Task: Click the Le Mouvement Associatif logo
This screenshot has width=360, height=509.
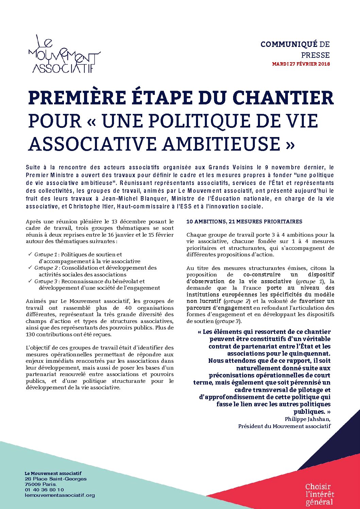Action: tap(64, 54)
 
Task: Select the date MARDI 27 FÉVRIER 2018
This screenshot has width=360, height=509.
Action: tap(301, 64)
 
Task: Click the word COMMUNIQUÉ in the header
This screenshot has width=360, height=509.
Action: tap(289, 44)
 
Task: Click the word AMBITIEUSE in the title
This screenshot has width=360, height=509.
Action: tap(219, 143)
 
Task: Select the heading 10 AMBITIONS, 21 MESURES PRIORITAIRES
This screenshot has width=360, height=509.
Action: tap(244, 222)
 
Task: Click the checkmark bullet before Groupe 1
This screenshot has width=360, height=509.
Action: tap(30, 254)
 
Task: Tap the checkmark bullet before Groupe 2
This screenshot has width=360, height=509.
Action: tap(30, 268)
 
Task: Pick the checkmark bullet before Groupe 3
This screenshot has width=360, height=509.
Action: tap(30, 281)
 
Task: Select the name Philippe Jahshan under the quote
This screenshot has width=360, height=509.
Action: tap(307, 419)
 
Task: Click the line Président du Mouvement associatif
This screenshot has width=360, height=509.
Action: tap(284, 426)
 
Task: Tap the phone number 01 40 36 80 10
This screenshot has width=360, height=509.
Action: tap(44, 490)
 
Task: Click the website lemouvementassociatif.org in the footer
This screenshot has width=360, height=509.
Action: tap(60, 495)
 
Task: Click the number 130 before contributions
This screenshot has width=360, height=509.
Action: tap(30, 334)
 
